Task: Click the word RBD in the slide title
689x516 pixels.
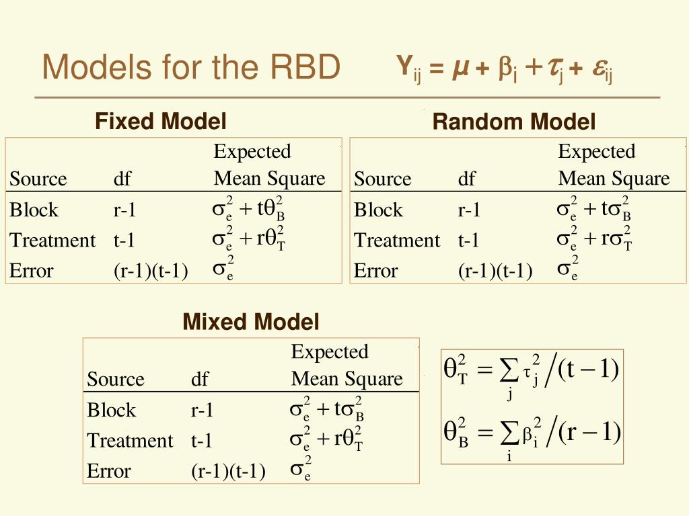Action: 305,67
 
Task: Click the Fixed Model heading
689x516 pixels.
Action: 160,122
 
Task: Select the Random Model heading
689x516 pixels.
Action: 513,122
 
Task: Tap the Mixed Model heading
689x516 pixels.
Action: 250,322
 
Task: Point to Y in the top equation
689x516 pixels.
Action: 404,65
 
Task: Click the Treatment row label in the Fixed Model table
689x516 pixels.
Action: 52,241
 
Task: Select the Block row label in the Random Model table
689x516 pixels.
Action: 378,210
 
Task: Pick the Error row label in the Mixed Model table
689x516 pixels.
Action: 108,471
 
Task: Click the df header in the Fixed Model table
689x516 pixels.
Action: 122,179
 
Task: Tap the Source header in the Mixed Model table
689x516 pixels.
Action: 116,379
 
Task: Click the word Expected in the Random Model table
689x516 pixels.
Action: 597,152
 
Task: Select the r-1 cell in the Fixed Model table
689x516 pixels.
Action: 124,210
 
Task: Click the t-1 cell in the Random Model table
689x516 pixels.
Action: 468,241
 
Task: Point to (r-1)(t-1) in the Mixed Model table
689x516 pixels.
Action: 228,472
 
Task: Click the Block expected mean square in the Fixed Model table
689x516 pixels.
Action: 248,208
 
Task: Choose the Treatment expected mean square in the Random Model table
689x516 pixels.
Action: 594,239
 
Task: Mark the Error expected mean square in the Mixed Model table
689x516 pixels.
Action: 301,468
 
